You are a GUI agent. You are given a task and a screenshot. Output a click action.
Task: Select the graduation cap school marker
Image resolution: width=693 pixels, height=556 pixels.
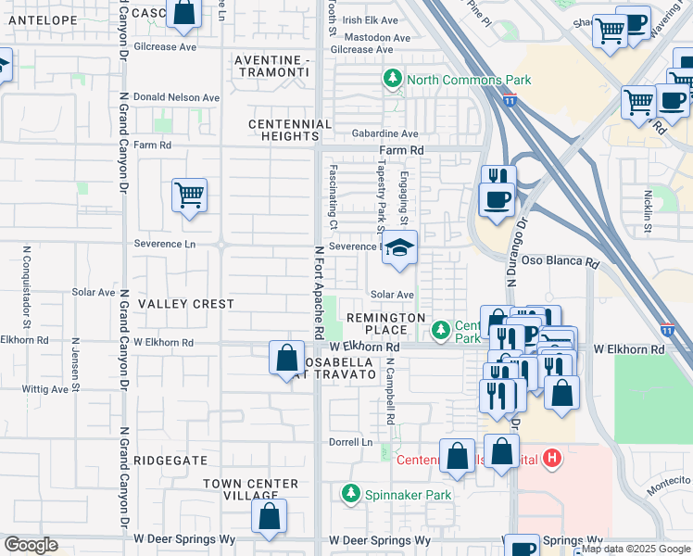click(399, 248)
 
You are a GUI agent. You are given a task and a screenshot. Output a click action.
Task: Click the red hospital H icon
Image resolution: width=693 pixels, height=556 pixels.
click(553, 458)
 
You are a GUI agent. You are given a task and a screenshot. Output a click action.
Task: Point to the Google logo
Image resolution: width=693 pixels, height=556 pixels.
click(31, 545)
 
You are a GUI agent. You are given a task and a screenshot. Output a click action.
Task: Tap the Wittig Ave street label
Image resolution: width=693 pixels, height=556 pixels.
click(47, 389)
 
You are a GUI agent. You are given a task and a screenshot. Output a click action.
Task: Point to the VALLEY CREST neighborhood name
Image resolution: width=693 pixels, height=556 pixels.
click(185, 304)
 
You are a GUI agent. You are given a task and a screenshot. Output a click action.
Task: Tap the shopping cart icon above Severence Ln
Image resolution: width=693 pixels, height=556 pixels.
click(188, 196)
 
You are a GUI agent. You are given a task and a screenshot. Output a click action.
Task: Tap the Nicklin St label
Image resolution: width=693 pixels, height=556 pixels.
click(648, 211)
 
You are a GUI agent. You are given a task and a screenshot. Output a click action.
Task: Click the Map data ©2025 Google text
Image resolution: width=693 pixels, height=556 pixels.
click(636, 549)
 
